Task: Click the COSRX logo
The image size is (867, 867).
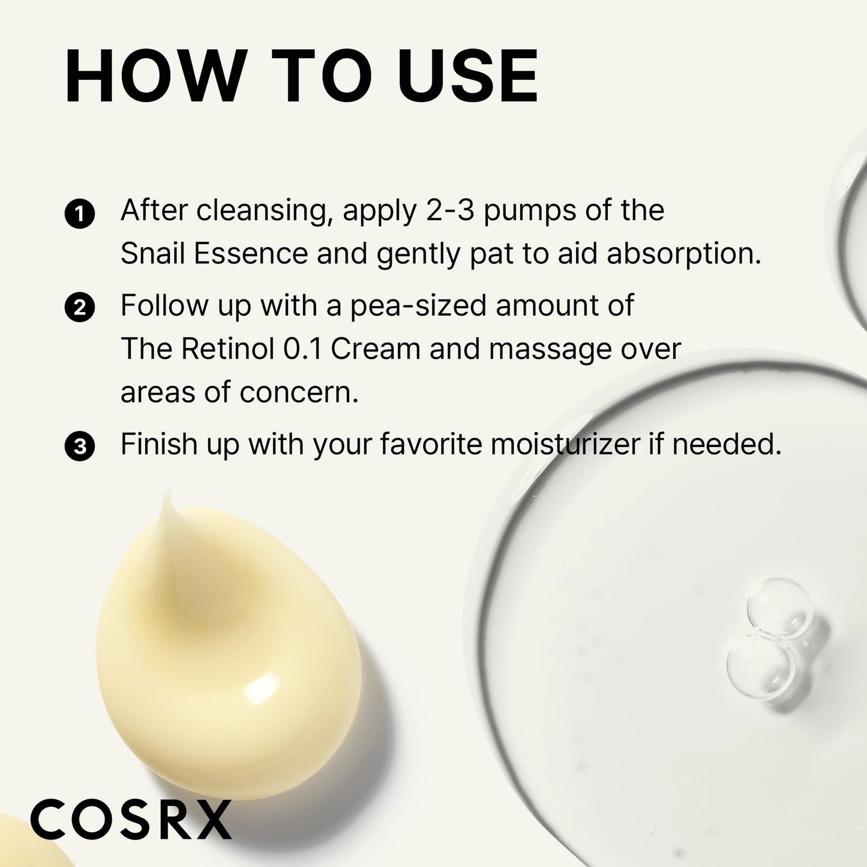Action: [x=131, y=819]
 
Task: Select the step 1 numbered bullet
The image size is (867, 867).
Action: [x=79, y=214]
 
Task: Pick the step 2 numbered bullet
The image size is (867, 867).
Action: [x=79, y=308]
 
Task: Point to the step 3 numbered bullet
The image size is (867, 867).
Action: [x=79, y=447]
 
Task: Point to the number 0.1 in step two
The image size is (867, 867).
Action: [x=302, y=349]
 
